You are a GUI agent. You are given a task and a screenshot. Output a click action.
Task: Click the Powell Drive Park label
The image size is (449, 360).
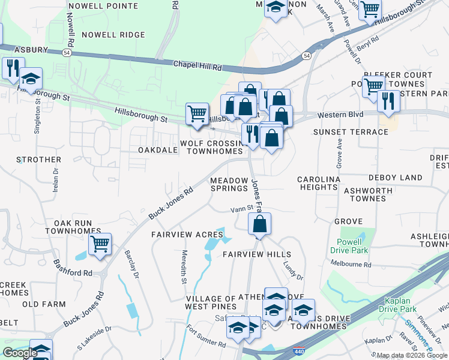(346, 245)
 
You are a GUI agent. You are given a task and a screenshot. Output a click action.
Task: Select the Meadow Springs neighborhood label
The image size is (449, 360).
(229, 184)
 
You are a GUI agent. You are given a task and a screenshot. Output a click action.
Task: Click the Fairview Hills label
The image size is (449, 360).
(257, 254)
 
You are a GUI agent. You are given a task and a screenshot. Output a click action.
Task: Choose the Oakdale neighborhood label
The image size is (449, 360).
(158, 150)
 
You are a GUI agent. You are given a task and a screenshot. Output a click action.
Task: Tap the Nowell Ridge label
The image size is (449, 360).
(113, 35)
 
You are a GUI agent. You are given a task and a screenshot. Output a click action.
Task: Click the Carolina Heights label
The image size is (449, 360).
(319, 183)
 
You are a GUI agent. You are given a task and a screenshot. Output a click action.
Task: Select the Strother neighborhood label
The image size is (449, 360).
(39, 160)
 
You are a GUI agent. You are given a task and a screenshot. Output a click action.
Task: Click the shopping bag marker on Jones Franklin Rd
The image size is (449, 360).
(259, 225)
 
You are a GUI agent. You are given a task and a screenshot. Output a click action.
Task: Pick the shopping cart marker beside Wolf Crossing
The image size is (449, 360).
(197, 113)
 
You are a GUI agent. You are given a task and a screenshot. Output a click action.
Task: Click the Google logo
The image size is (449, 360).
(20, 353)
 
